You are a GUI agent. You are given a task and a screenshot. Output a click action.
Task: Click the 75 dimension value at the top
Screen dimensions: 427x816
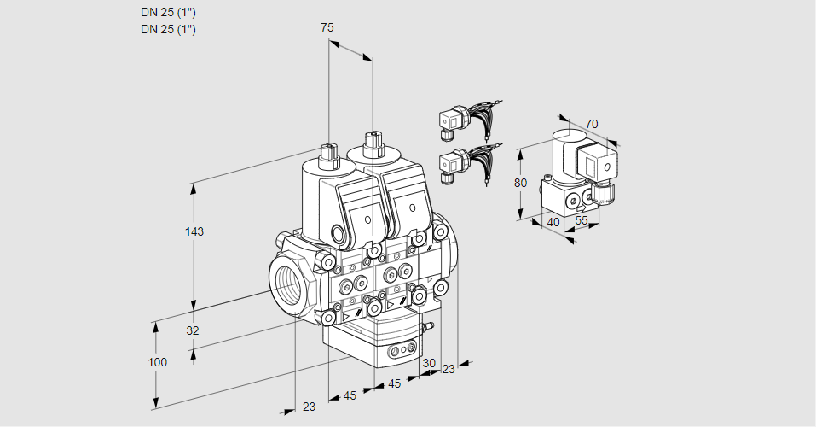[327, 28]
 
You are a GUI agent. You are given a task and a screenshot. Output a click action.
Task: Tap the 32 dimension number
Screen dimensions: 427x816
[193, 330]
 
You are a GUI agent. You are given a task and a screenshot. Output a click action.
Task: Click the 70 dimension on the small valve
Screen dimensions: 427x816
[592, 124]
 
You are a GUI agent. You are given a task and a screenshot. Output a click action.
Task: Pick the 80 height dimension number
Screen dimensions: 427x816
[522, 182]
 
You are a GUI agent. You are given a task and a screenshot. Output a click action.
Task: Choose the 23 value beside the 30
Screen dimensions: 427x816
[449, 369]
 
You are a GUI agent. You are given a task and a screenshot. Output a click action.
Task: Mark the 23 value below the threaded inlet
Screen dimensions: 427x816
[309, 407]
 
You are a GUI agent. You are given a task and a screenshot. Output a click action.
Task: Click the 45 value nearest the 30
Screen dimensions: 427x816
[394, 384]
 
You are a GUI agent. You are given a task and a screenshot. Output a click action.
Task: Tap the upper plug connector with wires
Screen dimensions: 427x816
[452, 120]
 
